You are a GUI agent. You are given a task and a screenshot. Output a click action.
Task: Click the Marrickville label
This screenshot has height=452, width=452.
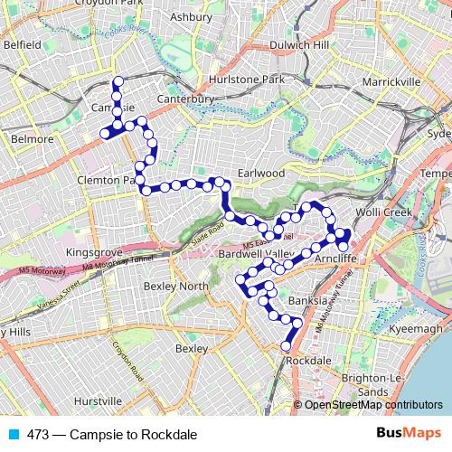pos(391,82)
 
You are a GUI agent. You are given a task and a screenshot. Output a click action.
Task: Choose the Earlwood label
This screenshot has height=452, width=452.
pos(261,173)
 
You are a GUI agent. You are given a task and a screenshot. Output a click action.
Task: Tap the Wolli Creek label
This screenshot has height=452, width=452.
pos(408,212)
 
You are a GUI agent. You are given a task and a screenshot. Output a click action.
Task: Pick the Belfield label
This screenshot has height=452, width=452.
pos(22,43)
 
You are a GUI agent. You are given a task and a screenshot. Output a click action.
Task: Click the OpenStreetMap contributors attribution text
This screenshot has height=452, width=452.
pos(372,405)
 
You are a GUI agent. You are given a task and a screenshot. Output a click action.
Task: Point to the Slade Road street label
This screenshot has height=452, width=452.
pos(211,230)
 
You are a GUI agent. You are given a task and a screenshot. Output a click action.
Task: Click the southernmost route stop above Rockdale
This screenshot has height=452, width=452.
pos(287,345)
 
